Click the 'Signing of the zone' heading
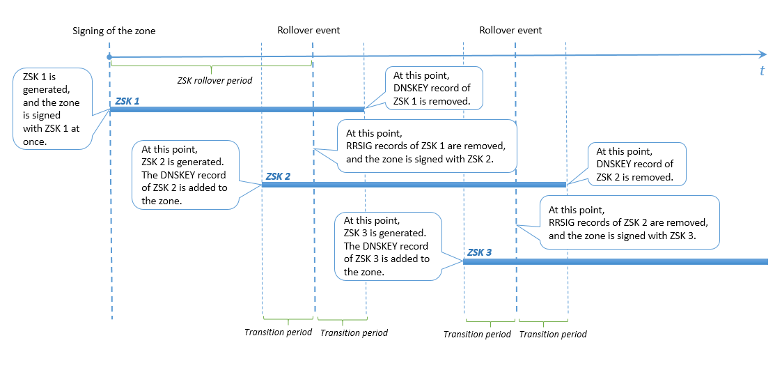pos(114,31)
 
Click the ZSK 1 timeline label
pos(127,101)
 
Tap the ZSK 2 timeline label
pos(278,176)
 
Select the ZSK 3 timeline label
pos(480,252)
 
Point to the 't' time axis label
pos(763,71)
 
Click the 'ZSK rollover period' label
pos(214,80)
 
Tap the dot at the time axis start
pos(109,57)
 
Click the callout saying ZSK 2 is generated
pos(185,174)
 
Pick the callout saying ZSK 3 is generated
pos(387,245)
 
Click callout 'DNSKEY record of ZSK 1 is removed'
pos(435,88)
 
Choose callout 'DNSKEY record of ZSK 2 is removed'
pos(636,164)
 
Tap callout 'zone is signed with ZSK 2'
pos(426,146)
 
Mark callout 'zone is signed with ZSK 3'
pos(629,222)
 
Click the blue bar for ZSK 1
pos(237,109)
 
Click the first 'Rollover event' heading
pos(308,31)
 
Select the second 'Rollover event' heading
pos(510,31)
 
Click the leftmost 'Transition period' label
pos(278,332)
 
